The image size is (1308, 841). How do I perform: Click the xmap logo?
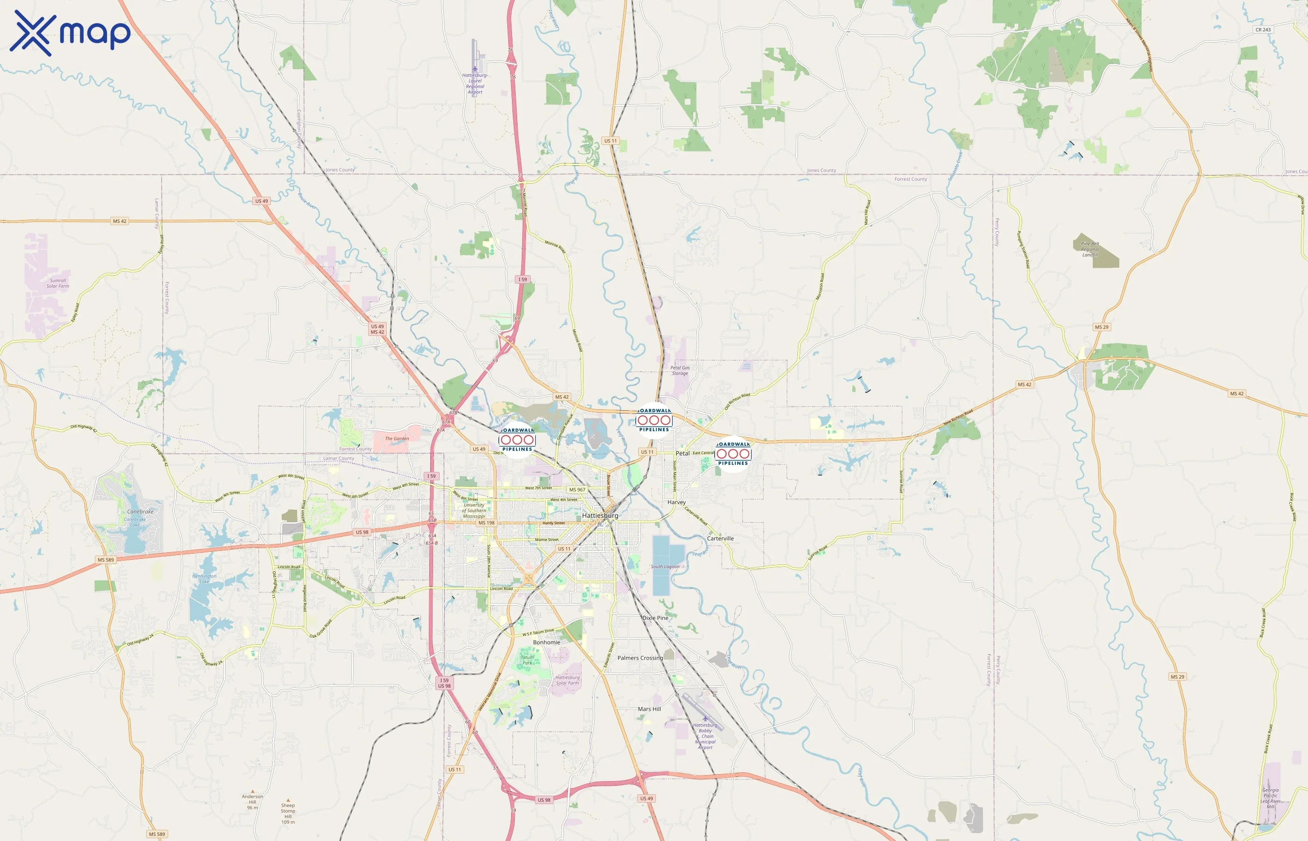[x=70, y=33]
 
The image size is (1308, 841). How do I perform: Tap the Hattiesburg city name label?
[x=600, y=515]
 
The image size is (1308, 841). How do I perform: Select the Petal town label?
[x=682, y=453]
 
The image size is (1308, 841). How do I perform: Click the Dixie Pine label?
[x=655, y=618]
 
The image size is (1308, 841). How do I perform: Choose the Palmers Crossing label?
[x=640, y=658]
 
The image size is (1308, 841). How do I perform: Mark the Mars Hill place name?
[x=649, y=709]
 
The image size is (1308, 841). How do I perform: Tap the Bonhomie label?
[x=547, y=642]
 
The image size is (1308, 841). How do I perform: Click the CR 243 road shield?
[x=1263, y=30]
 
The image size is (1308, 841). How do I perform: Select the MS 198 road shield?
[x=486, y=523]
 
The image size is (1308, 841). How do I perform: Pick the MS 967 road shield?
[x=577, y=490]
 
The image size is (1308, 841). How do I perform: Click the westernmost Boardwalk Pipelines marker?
[x=517, y=440]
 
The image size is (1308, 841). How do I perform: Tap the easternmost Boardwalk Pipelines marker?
[x=733, y=454]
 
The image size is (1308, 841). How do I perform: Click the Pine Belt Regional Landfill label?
[x=1090, y=249]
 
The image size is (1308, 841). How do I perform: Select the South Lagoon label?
[x=665, y=566]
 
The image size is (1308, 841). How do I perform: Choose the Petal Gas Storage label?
[x=680, y=370]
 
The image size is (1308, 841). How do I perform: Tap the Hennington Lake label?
[x=204, y=578]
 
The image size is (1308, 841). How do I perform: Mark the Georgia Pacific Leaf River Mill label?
[x=1270, y=798]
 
